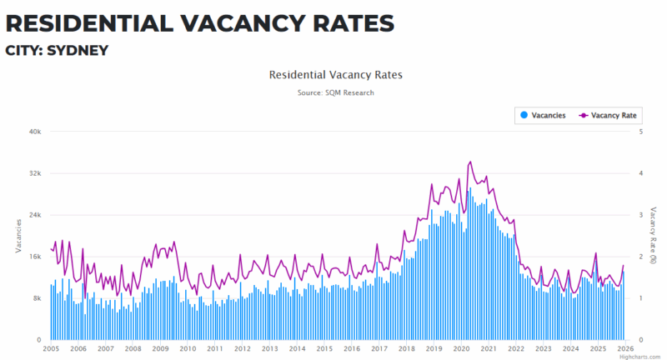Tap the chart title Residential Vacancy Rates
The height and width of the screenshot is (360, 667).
click(335, 75)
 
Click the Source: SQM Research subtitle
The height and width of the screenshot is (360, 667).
click(335, 92)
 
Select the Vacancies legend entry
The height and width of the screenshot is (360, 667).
click(543, 115)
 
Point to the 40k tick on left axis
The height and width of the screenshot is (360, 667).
click(36, 132)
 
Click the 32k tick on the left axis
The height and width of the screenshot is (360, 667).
click(36, 173)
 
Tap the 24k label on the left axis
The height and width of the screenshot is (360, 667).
click(36, 215)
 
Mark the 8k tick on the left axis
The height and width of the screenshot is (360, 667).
click(38, 298)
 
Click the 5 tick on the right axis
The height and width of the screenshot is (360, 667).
click(639, 132)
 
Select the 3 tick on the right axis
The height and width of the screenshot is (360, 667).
click(639, 215)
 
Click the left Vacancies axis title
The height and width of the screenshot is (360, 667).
click(18, 235)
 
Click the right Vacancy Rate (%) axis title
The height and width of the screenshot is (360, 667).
click(654, 235)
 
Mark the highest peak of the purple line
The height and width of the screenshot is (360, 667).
click(470, 162)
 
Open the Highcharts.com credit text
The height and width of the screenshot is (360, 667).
click(644, 356)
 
